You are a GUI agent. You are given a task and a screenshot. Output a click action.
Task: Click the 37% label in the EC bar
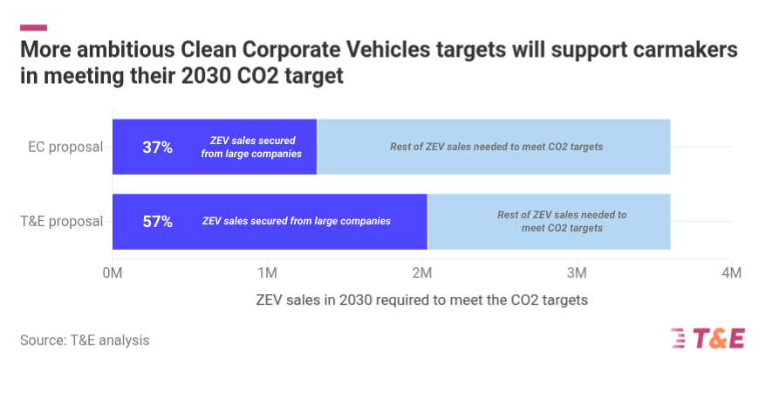tap(157, 147)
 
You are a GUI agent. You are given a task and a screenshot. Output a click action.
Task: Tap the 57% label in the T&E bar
tap(157, 222)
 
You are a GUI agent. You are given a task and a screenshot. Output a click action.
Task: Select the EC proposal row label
tap(66, 147)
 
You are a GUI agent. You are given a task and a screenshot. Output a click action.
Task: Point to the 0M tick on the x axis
tap(112, 272)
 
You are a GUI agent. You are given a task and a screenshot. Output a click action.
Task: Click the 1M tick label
tap(267, 272)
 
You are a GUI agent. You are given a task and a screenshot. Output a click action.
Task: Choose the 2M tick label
tap(421, 272)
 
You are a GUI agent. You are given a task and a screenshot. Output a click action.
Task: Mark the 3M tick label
tap(577, 272)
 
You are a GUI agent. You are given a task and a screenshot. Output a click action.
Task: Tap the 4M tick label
tap(731, 272)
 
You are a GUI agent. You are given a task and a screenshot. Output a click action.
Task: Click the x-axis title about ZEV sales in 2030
tap(421, 300)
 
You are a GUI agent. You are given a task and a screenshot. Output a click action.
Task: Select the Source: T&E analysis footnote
tap(85, 341)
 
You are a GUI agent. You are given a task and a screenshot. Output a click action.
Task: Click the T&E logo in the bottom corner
tap(708, 339)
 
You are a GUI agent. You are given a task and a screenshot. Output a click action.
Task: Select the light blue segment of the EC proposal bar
tap(494, 147)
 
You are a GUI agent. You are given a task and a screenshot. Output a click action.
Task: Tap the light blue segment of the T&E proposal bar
tap(548, 222)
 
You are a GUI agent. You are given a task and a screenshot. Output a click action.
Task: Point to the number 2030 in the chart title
tap(206, 75)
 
